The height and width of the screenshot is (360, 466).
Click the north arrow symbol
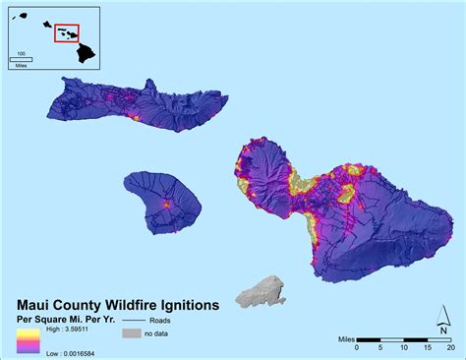pos(442,317)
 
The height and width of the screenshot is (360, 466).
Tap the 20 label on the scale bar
pos(449,347)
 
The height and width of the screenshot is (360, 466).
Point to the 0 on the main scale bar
pos(357,347)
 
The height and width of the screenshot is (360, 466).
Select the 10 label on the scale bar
pos(402,347)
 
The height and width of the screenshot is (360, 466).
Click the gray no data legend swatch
pos(132,333)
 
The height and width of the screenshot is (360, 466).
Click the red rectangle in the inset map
pos(67,33)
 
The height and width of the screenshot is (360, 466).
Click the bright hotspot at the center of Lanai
pos(165,204)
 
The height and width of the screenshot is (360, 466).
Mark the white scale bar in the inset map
pos(21,58)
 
